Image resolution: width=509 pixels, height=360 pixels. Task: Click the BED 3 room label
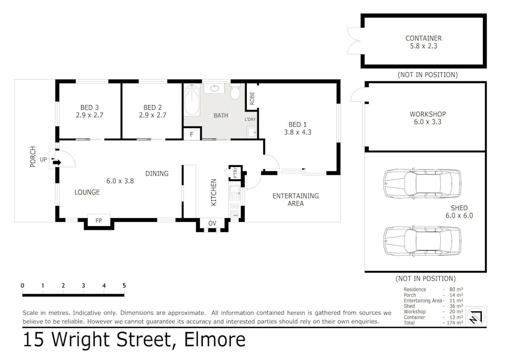(x=90, y=107)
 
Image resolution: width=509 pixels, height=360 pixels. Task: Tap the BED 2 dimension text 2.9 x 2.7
(x=152, y=115)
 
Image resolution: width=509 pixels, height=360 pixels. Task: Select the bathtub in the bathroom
(x=191, y=100)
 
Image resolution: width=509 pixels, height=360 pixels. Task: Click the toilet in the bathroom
(x=236, y=92)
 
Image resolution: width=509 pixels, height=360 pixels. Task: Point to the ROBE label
(x=252, y=99)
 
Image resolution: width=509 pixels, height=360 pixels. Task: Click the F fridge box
(x=192, y=134)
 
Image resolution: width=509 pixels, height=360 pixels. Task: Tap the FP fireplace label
(x=99, y=221)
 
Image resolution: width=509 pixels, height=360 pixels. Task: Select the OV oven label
(x=212, y=223)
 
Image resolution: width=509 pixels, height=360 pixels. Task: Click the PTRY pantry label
(x=236, y=173)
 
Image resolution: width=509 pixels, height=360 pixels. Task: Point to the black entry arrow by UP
(x=57, y=163)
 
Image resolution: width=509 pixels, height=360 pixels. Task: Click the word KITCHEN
(x=214, y=192)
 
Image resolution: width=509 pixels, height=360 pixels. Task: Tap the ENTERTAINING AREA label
(x=295, y=199)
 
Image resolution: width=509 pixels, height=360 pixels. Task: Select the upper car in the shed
(x=422, y=183)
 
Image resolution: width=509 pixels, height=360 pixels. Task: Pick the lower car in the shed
(x=422, y=241)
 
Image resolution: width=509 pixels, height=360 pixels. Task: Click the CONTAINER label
(x=424, y=38)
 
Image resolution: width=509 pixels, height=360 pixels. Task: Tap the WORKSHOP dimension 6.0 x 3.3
(x=427, y=122)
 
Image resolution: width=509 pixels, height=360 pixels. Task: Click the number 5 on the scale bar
(x=124, y=285)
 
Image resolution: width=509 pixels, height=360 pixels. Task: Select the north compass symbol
(x=476, y=316)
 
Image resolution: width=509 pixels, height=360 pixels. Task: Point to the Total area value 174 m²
(x=455, y=323)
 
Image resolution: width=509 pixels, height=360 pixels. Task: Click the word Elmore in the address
(x=215, y=340)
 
